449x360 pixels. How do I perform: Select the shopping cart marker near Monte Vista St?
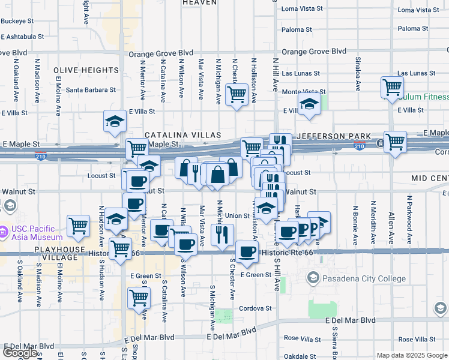(237, 94)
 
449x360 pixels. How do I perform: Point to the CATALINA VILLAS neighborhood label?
(182, 136)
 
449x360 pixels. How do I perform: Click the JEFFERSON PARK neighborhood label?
(334, 136)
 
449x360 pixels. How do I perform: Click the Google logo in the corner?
(20, 353)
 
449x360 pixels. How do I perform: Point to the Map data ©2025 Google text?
(411, 355)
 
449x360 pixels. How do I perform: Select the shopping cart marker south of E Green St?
(139, 298)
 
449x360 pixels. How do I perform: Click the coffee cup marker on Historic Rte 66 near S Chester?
(246, 252)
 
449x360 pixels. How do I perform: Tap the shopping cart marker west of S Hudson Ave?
(78, 226)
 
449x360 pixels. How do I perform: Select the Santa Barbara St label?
(91, 90)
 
